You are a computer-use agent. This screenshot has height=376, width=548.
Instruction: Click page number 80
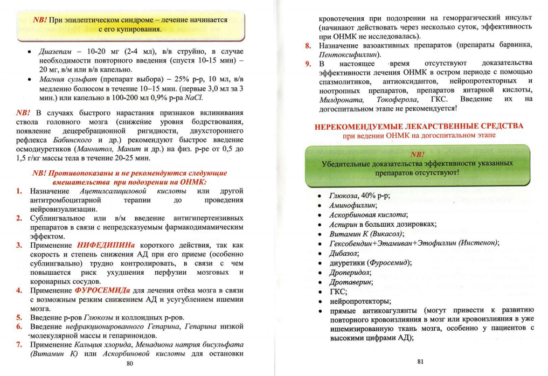(x=129, y=363)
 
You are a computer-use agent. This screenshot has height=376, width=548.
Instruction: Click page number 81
(x=421, y=361)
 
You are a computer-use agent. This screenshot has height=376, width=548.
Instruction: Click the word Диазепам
(x=57, y=52)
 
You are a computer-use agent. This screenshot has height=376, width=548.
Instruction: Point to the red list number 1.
(x=19, y=191)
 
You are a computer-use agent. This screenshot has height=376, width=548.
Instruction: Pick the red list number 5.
(x=19, y=317)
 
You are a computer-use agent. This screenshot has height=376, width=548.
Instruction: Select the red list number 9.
(x=307, y=64)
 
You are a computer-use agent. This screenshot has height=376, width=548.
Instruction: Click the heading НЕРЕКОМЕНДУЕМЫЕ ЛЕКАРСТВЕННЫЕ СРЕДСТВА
(x=419, y=126)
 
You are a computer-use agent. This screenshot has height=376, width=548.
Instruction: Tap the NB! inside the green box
(x=418, y=154)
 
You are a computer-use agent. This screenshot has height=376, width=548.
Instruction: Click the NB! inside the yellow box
(x=40, y=19)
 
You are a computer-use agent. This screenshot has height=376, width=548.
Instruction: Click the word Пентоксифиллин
(x=348, y=54)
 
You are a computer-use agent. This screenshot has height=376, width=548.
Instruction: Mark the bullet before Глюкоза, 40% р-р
(x=321, y=196)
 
